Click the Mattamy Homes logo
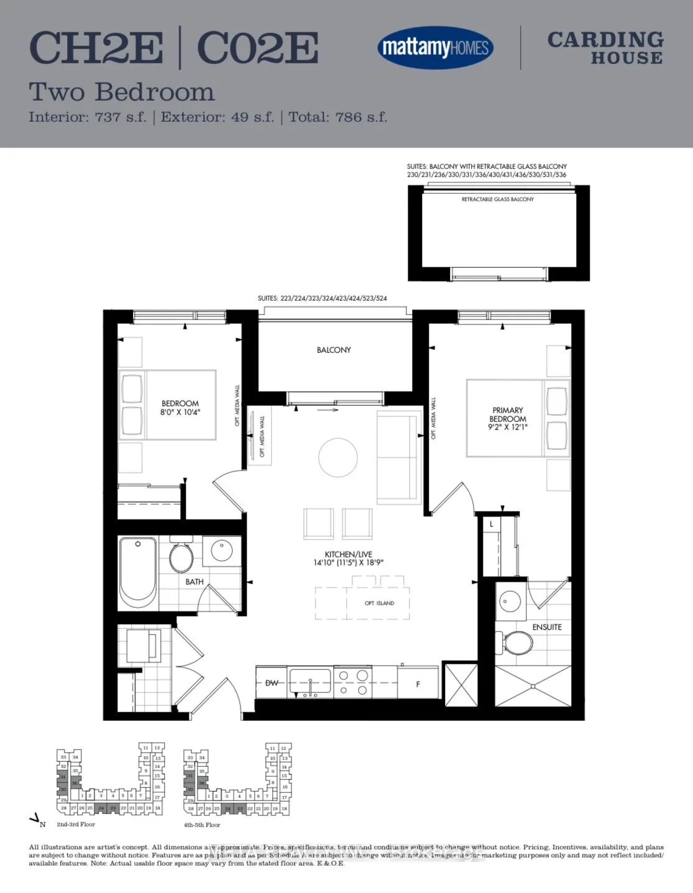coord(435,47)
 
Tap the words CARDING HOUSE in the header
coord(605,48)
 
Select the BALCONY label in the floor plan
coord(334,350)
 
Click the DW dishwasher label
coord(272,683)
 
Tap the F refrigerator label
coord(418,684)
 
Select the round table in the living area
coord(338,457)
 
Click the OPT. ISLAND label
coord(379,603)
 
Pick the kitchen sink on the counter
coord(310,680)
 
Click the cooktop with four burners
coord(352,682)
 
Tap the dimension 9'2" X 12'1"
coord(508,428)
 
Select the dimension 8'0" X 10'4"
coord(180,412)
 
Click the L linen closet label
coord(492,524)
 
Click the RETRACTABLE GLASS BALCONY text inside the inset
coord(497,199)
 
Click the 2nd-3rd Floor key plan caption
coord(76,824)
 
